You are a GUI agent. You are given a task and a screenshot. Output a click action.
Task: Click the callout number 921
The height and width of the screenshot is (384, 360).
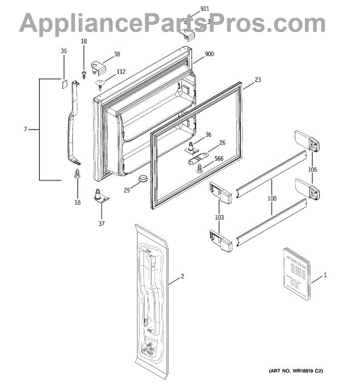click(204, 8)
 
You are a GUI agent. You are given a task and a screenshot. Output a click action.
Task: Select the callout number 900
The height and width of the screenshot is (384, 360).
click(209, 54)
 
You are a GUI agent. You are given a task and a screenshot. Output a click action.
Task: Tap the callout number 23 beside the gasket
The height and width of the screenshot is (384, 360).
click(258, 79)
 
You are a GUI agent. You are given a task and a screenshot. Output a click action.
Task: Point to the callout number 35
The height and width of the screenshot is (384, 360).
click(63, 51)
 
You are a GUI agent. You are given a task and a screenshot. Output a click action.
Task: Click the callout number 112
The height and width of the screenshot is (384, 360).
click(121, 72)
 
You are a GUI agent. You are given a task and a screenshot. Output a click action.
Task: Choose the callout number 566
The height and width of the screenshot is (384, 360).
click(219, 159)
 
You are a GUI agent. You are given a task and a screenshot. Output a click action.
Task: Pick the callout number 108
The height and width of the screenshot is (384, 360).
click(272, 198)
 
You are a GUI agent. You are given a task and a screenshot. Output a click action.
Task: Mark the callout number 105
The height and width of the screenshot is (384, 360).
click(313, 170)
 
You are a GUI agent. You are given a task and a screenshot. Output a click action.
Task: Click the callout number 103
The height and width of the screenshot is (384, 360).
click(219, 217)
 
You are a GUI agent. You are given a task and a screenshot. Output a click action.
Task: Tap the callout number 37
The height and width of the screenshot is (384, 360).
click(101, 223)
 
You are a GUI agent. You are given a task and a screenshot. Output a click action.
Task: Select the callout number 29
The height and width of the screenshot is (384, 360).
click(126, 190)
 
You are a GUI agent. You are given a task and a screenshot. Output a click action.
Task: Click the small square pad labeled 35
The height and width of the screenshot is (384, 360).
click(63, 84)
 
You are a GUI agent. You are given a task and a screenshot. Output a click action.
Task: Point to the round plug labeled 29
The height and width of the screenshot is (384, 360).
click(143, 178)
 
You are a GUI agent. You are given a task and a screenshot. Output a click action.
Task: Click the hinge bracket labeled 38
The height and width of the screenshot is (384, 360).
click(98, 68)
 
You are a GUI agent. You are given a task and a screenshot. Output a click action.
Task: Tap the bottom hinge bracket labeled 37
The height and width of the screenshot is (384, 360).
click(101, 196)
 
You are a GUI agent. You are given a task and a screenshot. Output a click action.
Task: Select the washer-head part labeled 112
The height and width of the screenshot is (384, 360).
click(100, 84)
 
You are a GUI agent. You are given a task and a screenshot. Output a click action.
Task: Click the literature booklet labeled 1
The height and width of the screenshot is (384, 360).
click(297, 274)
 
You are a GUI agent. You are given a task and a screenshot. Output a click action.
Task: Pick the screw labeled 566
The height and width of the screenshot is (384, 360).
click(199, 168)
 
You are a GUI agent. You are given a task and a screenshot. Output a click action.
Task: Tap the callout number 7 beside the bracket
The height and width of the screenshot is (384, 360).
click(25, 129)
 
